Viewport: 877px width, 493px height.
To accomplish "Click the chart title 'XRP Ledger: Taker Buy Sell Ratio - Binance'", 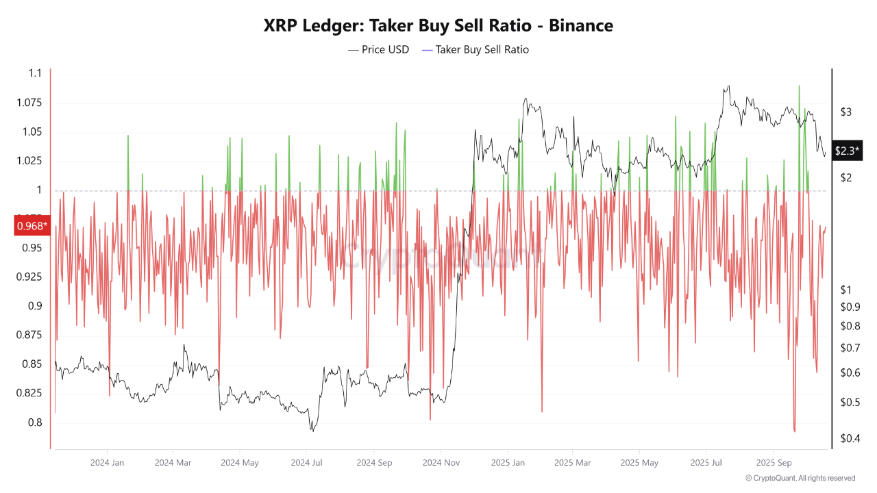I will coord(438,26).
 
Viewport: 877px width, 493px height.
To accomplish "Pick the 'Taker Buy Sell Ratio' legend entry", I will coord(475,49).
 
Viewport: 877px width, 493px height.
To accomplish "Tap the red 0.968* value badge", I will coord(32,225).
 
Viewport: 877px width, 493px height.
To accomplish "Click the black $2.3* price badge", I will coord(847,151).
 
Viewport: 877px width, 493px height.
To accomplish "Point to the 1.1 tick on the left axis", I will coord(36,73).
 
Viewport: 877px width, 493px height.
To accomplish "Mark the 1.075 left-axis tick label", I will coord(29,103).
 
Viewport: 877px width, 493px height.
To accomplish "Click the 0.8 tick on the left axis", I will coord(34,422).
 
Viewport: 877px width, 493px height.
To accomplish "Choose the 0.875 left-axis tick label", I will coord(29,335).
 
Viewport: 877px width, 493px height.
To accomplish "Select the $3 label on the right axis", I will coord(846,112).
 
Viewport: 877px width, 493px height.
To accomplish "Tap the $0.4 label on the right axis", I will coord(850,438).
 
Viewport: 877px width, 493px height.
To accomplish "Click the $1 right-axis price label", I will coord(846,290).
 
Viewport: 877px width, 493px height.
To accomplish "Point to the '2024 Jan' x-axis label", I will coord(107,463).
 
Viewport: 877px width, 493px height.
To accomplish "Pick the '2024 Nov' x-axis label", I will coord(441,463).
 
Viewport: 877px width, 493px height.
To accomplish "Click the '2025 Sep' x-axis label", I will coord(773,463).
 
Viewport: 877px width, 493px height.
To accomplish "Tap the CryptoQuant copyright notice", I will coord(800,478).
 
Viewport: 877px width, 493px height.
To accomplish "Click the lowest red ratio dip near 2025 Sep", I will coord(795,431).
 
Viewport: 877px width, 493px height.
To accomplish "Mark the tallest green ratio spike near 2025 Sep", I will coord(799,86).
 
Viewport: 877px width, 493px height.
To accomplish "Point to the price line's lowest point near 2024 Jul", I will coord(312,431).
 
